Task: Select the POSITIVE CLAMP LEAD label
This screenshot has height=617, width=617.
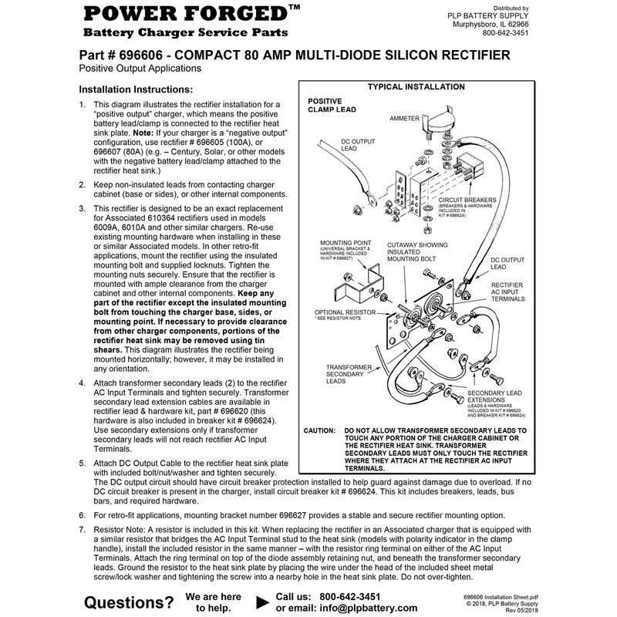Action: click(331, 105)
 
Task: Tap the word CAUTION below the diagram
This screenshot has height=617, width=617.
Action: click(320, 430)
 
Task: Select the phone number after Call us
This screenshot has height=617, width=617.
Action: click(349, 596)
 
